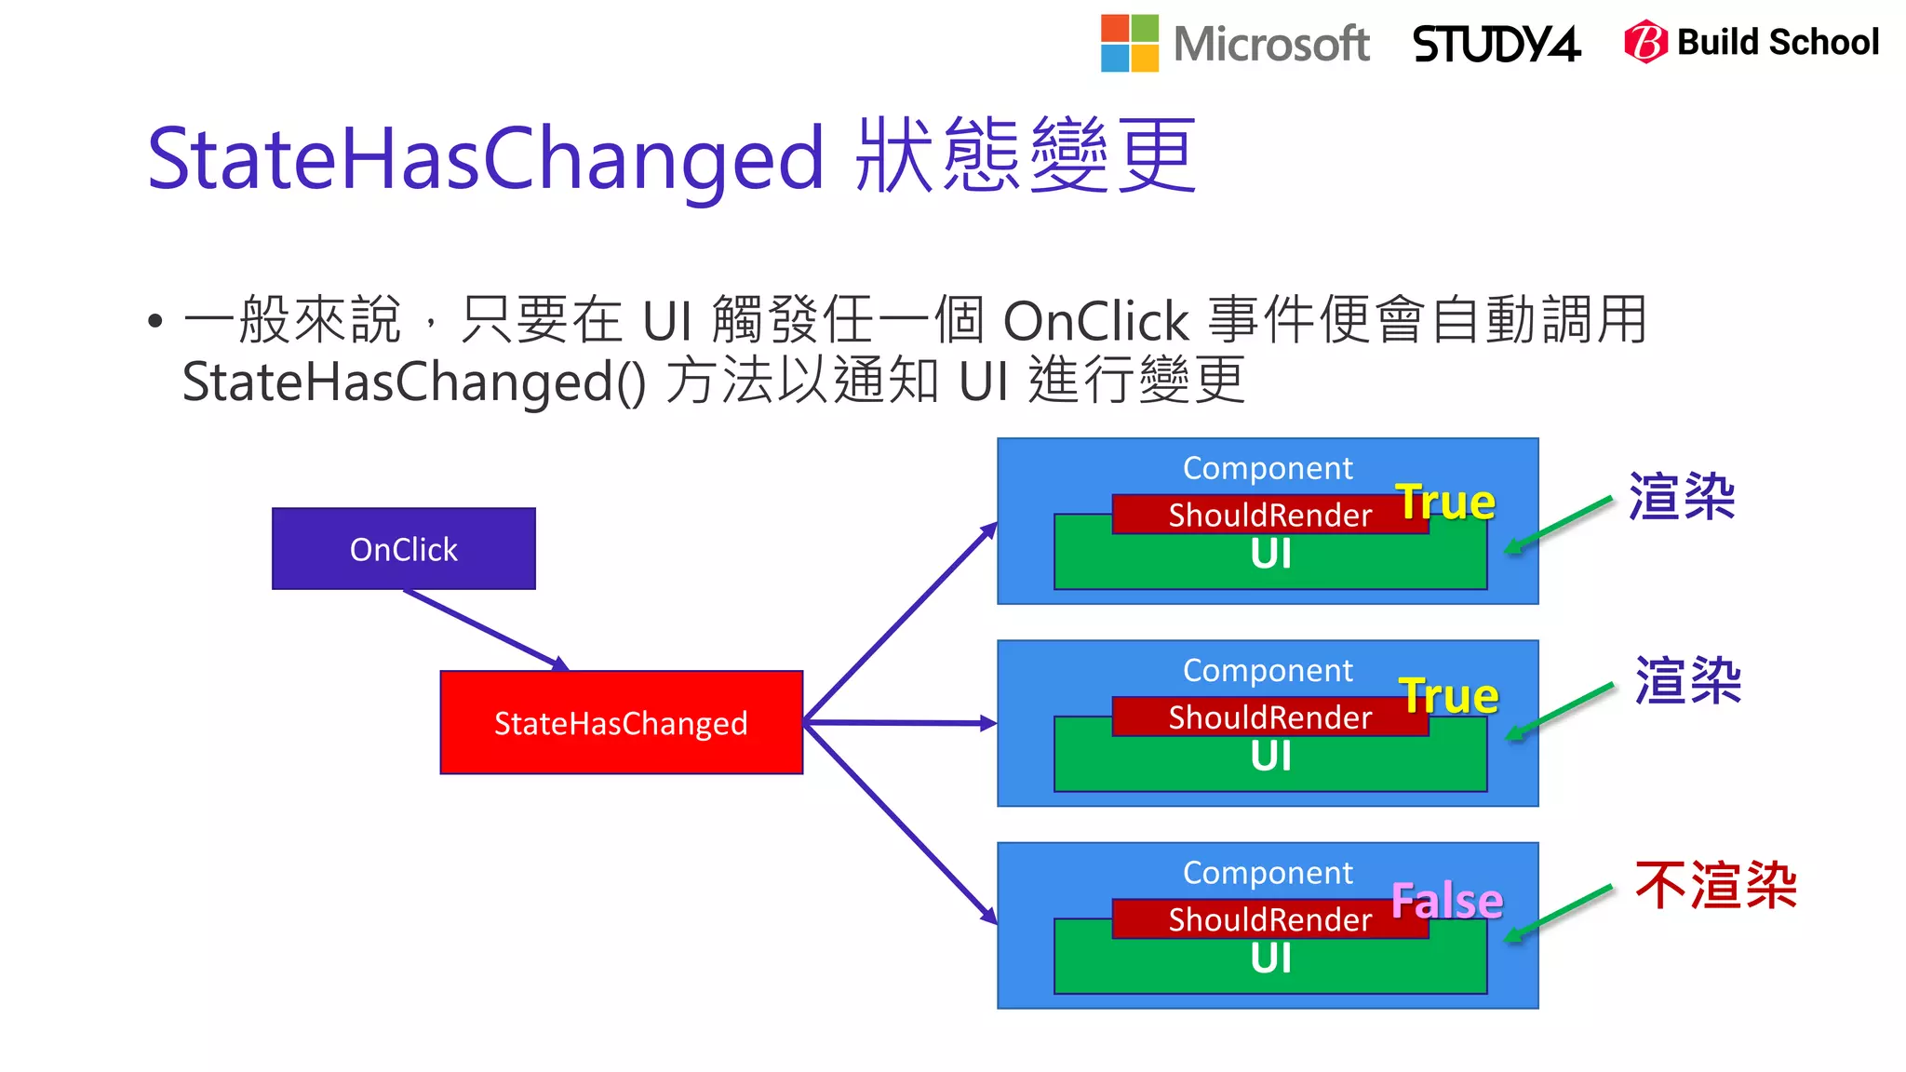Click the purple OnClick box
pyautogui.click(x=403, y=548)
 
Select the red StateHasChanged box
pyautogui.click(x=621, y=722)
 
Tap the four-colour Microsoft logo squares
pyautogui.click(x=1129, y=43)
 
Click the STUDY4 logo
pyautogui.click(x=1496, y=44)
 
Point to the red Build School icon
pyautogui.click(x=1644, y=42)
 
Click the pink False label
pyautogui.click(x=1446, y=900)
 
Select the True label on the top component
pyautogui.click(x=1444, y=502)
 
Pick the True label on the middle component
pyautogui.click(x=1448, y=695)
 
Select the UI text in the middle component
pyautogui.click(x=1270, y=757)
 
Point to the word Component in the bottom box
pyautogui.click(x=1268, y=873)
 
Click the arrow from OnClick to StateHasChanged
pyautogui.click(x=484, y=629)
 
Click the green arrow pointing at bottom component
pyautogui.click(x=1559, y=912)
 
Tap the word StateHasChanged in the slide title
pyautogui.click(x=485, y=158)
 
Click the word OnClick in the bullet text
pyautogui.click(x=1095, y=322)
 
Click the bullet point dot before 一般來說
pyautogui.click(x=155, y=322)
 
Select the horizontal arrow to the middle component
pyautogui.click(x=898, y=722)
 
